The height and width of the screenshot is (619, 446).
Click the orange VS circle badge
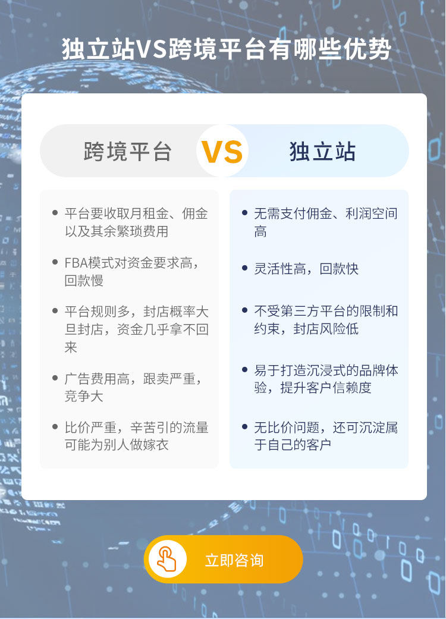(222, 151)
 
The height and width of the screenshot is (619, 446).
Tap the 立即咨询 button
(224, 560)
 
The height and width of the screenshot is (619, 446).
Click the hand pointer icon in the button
(167, 560)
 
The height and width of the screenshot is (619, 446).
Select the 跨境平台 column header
(127, 151)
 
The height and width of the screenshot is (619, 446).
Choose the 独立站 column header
(322, 151)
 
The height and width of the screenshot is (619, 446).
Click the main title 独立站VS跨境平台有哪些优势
(227, 49)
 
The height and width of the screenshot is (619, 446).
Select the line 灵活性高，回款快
(306, 269)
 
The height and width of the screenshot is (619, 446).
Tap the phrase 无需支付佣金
(293, 213)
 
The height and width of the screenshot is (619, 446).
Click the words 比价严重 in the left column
(90, 427)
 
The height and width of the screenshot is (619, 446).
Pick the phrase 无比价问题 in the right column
(287, 427)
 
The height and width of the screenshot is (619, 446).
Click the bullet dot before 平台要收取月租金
(55, 213)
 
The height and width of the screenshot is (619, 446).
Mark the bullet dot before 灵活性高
(245, 268)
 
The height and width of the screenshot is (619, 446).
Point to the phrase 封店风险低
(326, 328)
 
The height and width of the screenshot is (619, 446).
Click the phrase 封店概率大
(175, 312)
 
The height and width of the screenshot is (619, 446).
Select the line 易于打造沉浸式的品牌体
(326, 370)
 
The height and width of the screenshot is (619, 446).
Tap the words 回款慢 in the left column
(84, 280)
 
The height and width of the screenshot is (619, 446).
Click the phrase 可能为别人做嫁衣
(117, 445)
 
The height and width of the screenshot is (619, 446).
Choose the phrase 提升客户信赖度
(326, 388)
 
